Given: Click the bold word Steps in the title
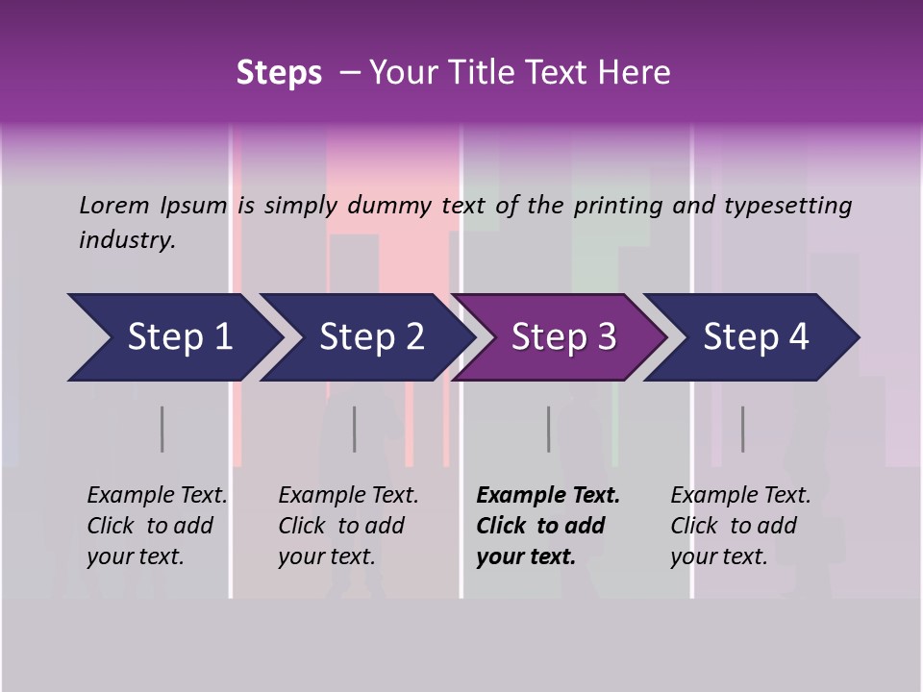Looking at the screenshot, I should click(x=279, y=73).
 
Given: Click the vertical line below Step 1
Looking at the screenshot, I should click(x=162, y=429).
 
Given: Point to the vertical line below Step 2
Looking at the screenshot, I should click(x=355, y=429).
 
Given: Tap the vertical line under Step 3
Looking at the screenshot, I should click(x=549, y=429).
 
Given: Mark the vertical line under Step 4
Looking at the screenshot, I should click(x=742, y=429).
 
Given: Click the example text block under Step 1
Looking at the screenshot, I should click(x=157, y=526).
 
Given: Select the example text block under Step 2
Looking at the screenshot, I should click(x=348, y=526).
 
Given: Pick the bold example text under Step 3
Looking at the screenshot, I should click(x=548, y=526).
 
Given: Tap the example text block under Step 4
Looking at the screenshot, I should click(x=740, y=526).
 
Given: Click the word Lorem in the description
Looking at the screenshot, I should click(x=113, y=205).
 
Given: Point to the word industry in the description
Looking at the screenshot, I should click(x=127, y=240).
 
